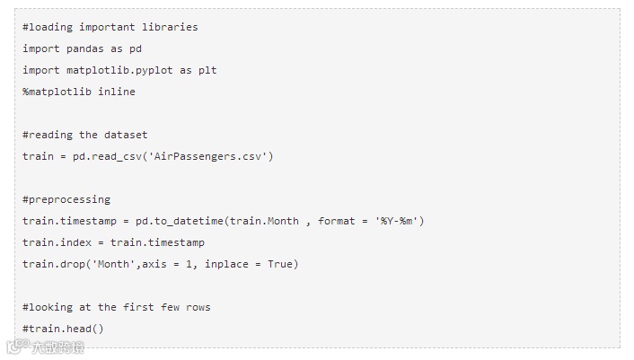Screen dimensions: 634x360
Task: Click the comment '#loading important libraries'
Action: pos(110,27)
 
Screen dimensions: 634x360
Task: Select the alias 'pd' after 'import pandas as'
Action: pos(136,48)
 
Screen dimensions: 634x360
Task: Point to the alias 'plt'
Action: pos(207,70)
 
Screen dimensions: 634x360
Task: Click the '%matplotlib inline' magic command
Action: pos(79,92)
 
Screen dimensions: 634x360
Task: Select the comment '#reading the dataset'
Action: pos(85,135)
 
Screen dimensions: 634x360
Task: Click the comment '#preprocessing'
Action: pos(66,199)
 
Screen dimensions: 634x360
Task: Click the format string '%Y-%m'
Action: pos(396,221)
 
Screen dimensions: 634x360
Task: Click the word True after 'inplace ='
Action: pos(280,264)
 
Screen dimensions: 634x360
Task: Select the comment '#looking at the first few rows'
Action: pos(117,307)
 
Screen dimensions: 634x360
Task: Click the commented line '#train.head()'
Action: pos(64,329)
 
